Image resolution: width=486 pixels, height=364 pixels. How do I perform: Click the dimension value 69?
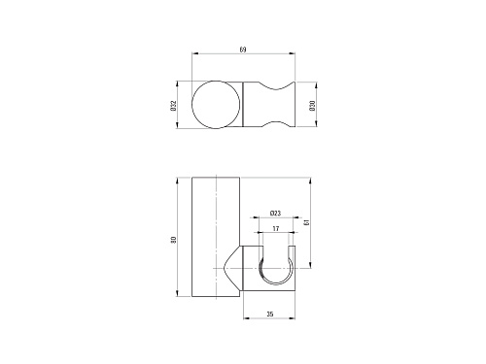(243, 50)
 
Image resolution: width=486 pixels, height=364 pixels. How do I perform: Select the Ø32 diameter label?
(173, 106)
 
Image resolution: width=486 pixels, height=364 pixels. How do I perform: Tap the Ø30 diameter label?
(312, 106)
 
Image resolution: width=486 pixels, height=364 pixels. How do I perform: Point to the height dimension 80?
(174, 240)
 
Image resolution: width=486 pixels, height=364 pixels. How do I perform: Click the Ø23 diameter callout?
(275, 213)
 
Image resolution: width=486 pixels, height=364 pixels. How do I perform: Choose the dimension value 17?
(276, 229)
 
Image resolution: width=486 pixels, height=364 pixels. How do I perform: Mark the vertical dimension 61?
(307, 222)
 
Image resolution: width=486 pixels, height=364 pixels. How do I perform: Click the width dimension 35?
(270, 314)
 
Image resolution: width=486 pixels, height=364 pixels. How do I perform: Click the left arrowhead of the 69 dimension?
(194, 53)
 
